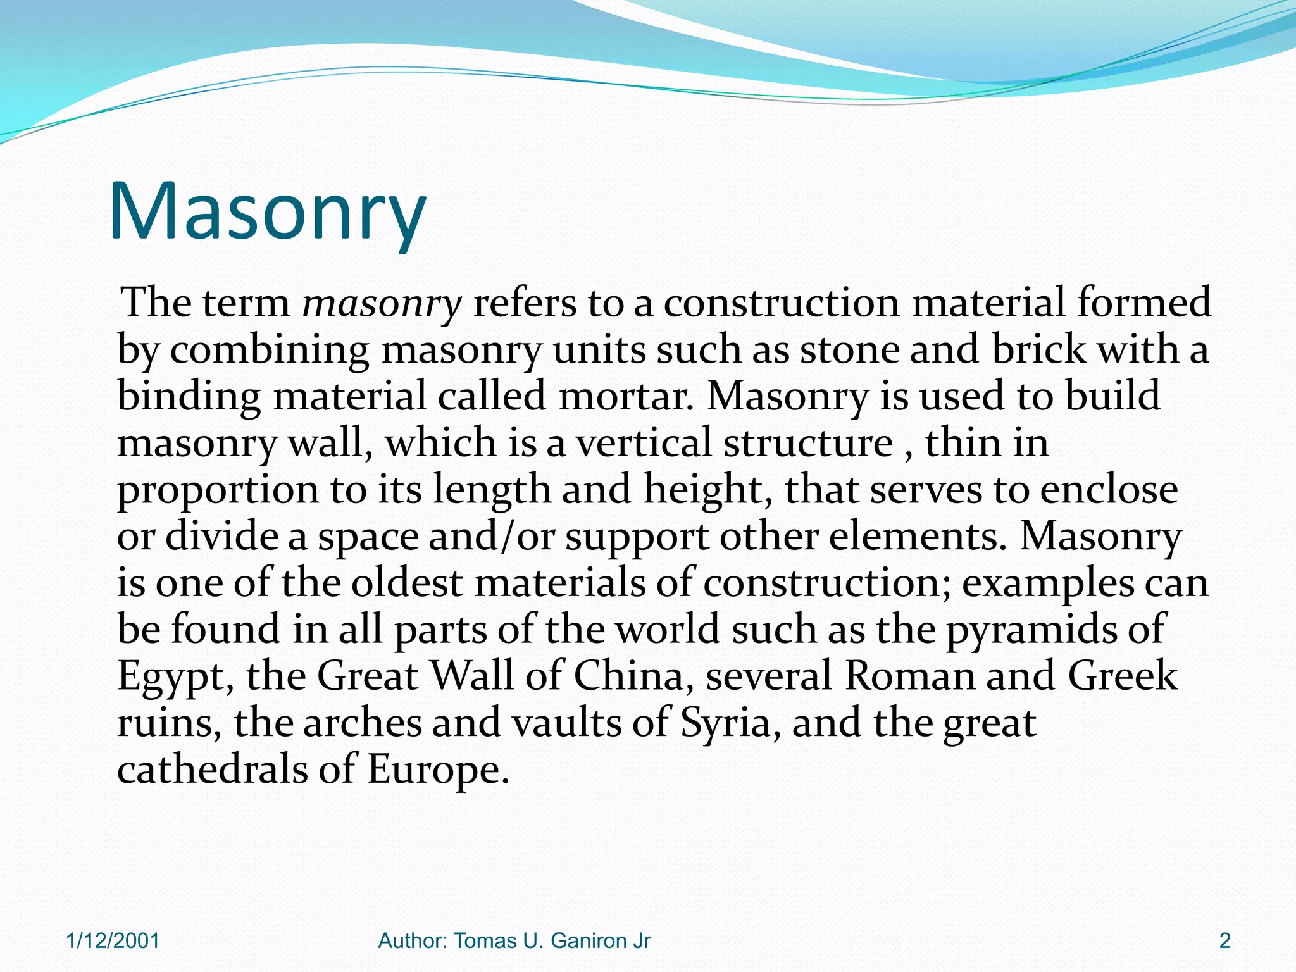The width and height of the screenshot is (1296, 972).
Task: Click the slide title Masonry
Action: [x=267, y=212]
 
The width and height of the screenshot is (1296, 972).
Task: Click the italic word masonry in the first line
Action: [x=382, y=302]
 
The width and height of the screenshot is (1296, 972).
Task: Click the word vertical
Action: [x=644, y=442]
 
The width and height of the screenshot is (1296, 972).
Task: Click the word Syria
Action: [x=726, y=723]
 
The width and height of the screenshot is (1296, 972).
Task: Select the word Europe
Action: [x=438, y=770]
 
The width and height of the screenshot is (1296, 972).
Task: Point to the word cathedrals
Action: [x=212, y=769]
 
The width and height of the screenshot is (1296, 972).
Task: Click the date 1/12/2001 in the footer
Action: [x=113, y=941]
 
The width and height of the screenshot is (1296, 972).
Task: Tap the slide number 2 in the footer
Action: [x=1224, y=941]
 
